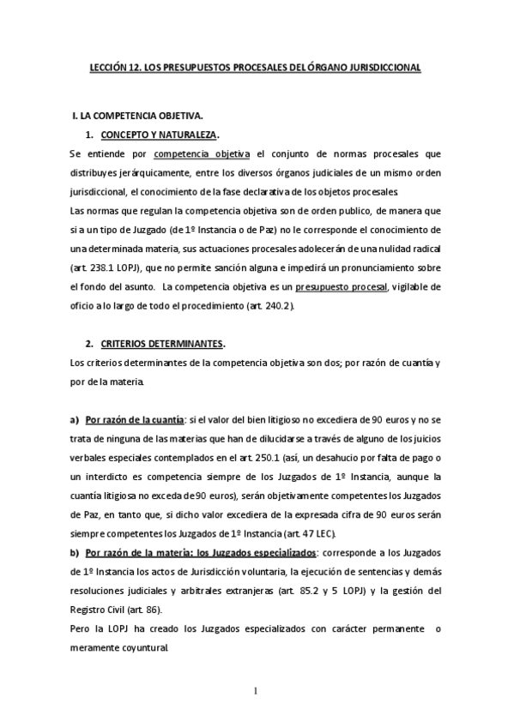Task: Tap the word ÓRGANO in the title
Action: (324, 66)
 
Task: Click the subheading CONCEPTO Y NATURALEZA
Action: (159, 135)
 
